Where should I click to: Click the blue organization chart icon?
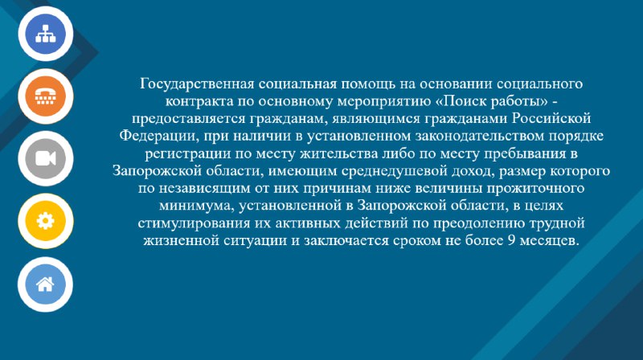46,34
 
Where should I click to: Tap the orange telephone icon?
46,96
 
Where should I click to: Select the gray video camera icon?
46,158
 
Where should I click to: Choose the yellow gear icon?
46,221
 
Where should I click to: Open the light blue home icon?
45,284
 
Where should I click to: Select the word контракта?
199,101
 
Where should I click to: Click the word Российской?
551,118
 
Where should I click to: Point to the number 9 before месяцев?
511,240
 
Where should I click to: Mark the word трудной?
557,224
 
